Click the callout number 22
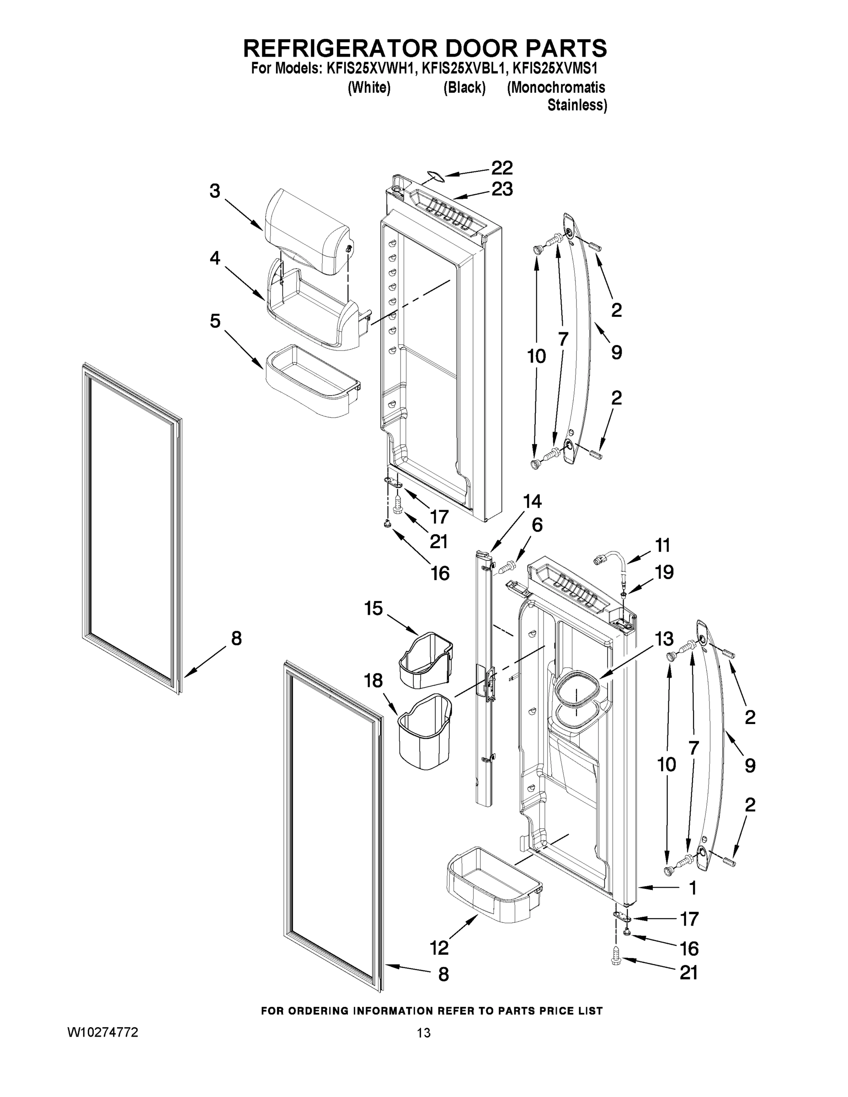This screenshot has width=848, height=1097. (x=501, y=168)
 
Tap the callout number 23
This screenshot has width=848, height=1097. (x=501, y=189)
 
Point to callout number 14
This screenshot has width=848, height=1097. (x=532, y=501)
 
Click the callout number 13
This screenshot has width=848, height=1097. (x=664, y=639)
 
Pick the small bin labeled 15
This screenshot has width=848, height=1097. (x=426, y=660)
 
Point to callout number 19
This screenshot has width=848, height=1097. (x=664, y=572)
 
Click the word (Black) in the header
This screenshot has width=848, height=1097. (x=464, y=88)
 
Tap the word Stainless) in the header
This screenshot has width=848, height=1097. (x=577, y=106)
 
